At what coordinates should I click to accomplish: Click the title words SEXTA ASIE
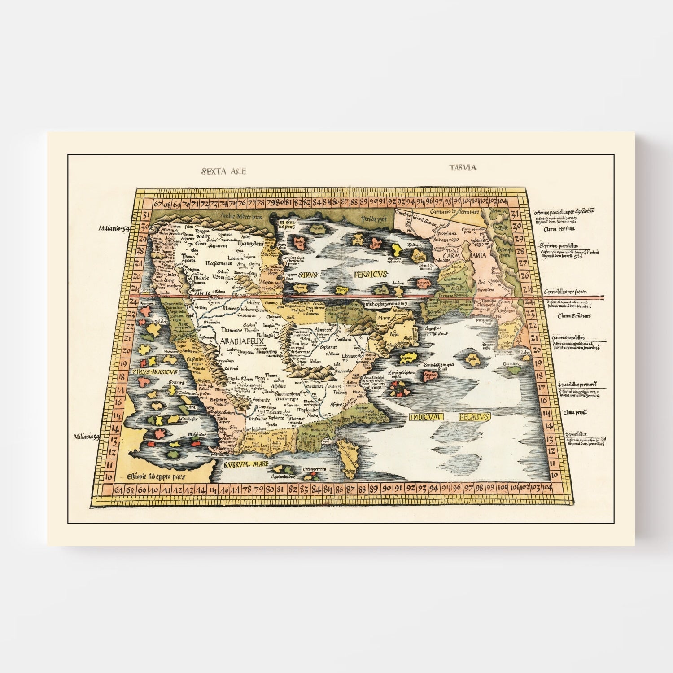(224, 171)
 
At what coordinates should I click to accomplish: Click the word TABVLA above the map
(463, 168)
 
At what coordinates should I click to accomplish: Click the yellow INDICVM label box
(426, 417)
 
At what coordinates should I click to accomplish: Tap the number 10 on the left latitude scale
(108, 476)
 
